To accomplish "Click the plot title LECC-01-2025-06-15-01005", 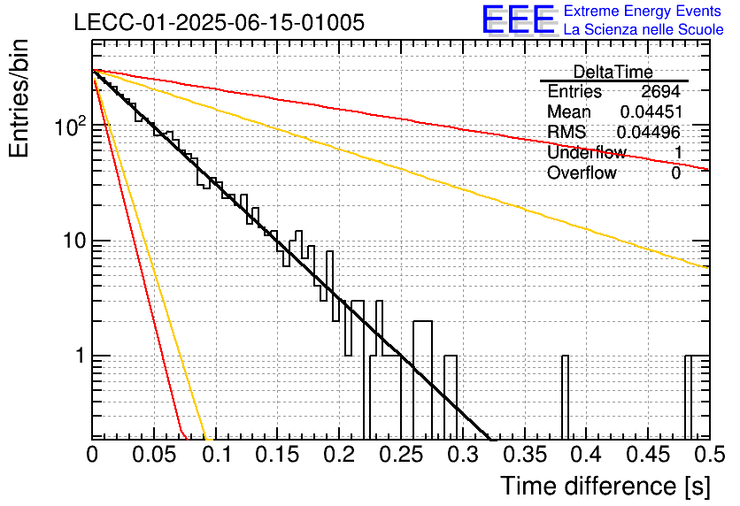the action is [220, 22].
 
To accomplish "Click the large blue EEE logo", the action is [519, 19].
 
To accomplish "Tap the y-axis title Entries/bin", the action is [19, 98].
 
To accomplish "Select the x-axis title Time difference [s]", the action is [605, 486].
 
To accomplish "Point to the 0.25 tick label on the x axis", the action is [401, 455].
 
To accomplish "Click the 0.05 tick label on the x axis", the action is [154, 455].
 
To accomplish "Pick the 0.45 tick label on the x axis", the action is [648, 455].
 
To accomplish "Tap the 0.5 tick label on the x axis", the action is [709, 455].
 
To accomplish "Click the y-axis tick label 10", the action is [74, 241].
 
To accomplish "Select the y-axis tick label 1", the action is [80, 356].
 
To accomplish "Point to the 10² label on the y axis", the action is [71, 126].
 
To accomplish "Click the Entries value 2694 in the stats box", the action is [660, 91].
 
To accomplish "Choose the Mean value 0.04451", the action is [651, 111].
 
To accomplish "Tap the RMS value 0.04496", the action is [649, 132].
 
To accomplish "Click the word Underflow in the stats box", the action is [587, 152].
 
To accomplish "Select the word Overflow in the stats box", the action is [582, 172].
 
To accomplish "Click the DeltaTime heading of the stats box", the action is [613, 72].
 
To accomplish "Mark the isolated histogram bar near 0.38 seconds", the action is [565, 396].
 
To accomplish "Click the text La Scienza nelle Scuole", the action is [644, 29].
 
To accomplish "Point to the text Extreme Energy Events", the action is [643, 11].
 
